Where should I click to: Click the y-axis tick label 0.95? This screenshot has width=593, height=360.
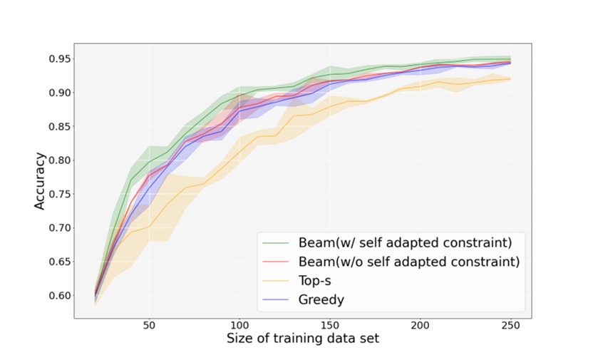coord(58,58)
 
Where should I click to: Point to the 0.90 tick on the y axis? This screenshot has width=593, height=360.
coord(58,93)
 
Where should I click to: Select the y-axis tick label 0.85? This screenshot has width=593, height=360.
coord(58,126)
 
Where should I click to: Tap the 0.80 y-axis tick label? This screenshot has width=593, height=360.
coord(58,160)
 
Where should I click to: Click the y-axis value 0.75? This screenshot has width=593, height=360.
coord(58,194)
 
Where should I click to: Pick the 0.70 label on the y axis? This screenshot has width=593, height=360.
coord(58,228)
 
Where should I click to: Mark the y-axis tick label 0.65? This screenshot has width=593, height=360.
coord(58,262)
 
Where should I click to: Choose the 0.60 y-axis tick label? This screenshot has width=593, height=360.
coord(58,296)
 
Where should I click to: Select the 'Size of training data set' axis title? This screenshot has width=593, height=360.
coord(303,339)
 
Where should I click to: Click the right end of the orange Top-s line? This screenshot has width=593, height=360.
coord(510,79)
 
